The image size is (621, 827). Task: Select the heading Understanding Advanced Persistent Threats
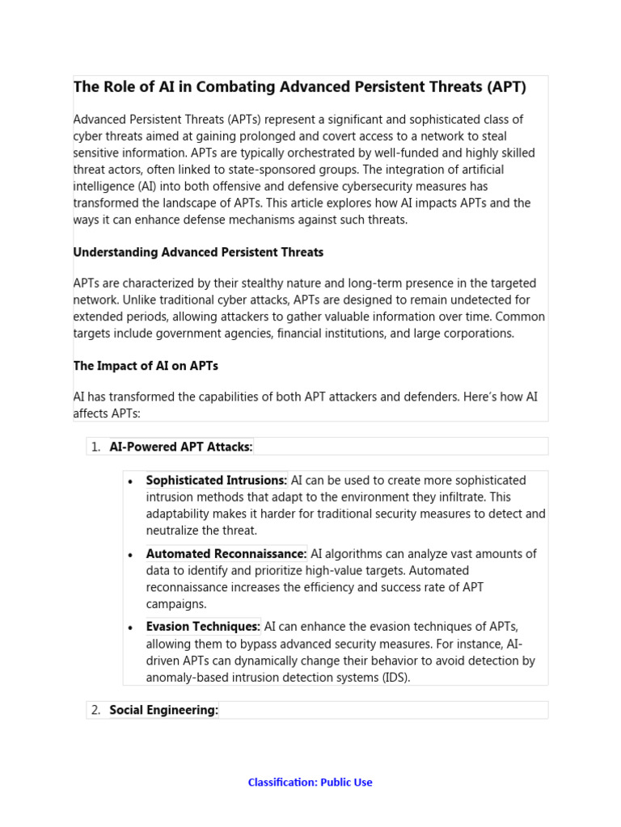198,252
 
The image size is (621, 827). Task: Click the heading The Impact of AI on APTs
146,366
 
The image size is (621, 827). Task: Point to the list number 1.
95,447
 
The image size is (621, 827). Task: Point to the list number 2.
95,710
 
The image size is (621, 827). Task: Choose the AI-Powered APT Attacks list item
181,447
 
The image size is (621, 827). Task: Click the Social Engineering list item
163,710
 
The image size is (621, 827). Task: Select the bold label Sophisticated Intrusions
216,481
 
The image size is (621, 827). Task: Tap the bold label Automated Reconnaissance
226,554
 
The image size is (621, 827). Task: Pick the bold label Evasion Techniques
203,627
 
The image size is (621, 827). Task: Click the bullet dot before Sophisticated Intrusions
131,481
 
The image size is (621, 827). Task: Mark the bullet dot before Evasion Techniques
131,628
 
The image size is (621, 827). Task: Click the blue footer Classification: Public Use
310,782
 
